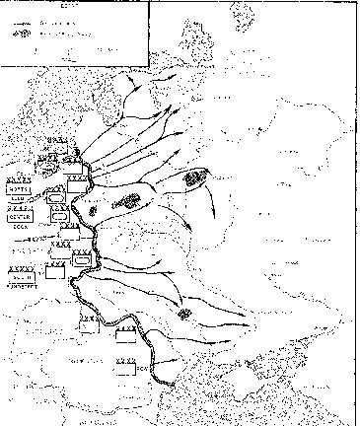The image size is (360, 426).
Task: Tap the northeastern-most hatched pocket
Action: click(193, 178)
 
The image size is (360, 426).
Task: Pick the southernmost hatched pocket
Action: click(185, 312)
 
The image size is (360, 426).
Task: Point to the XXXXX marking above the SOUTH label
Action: click(18, 267)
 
